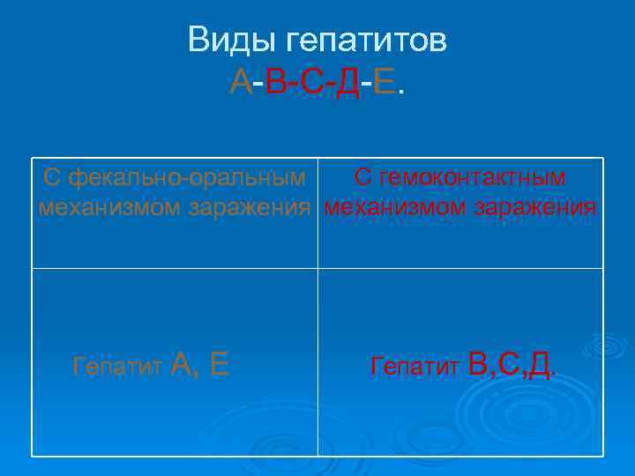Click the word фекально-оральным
click(188, 177)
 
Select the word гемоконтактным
click(473, 177)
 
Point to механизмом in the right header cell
click(392, 209)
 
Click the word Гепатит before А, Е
click(117, 366)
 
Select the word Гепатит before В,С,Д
click(415, 366)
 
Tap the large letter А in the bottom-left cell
click(183, 363)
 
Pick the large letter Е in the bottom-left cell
click(220, 363)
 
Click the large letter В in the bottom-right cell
click(478, 363)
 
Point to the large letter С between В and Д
click(509, 363)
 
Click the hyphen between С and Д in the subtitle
click(330, 85)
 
